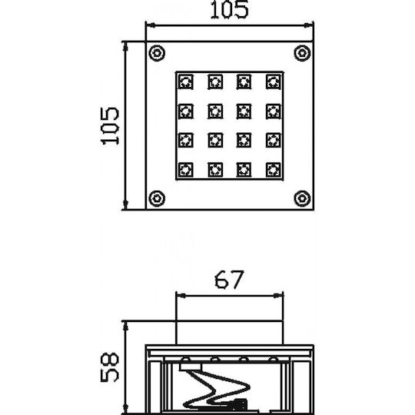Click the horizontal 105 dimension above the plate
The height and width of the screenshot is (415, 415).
[x=230, y=10]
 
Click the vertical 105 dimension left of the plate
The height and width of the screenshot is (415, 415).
[x=110, y=126]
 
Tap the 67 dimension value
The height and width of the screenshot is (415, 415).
[x=229, y=280]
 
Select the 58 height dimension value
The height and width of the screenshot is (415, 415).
[x=110, y=367]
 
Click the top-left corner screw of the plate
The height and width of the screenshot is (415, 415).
[x=157, y=53]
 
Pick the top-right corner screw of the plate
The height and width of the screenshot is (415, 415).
[x=302, y=53]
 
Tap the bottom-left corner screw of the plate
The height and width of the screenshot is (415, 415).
[x=157, y=198]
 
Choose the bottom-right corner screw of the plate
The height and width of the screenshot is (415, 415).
[x=302, y=198]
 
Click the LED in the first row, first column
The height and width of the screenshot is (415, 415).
[x=186, y=81]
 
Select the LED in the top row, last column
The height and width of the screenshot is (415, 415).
[x=273, y=81]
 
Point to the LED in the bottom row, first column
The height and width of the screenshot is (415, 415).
[x=186, y=170]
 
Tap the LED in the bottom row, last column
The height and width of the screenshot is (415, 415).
[x=273, y=170]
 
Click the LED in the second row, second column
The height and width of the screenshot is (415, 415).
[x=215, y=111]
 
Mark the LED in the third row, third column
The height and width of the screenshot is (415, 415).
[x=244, y=140]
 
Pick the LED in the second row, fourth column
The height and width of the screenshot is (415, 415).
[x=273, y=111]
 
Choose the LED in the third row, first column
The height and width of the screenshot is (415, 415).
[x=186, y=140]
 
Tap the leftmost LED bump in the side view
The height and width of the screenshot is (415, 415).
[x=186, y=359]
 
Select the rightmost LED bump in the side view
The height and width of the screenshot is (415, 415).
[x=274, y=359]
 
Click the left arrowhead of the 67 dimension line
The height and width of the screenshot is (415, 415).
[x=181, y=296]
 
